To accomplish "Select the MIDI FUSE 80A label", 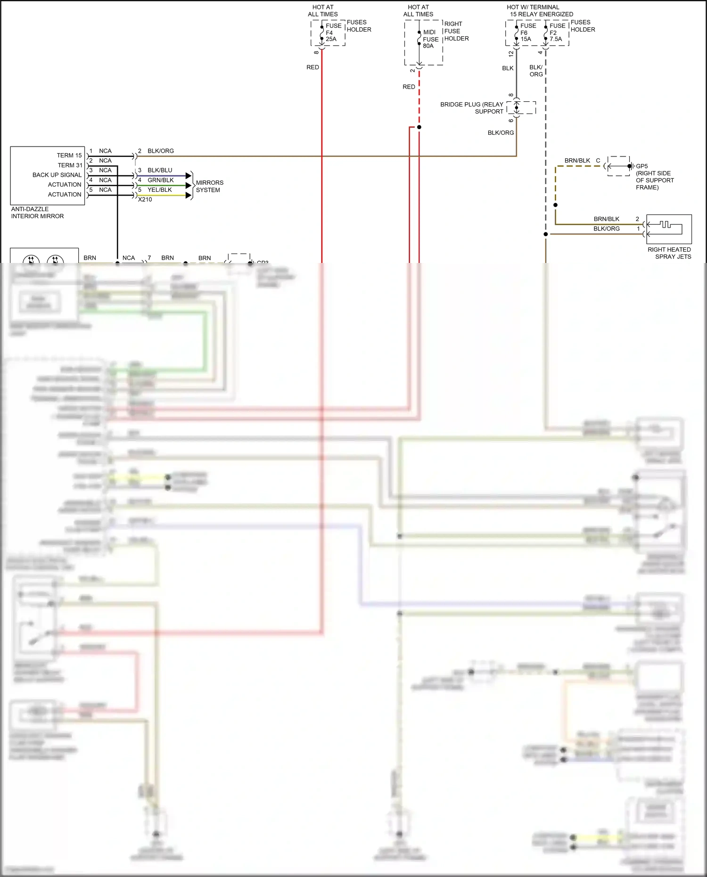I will [x=430, y=39].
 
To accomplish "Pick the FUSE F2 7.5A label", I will [x=557, y=33].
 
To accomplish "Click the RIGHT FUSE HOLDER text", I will [x=456, y=31].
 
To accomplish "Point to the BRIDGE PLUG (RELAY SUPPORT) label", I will [x=472, y=108].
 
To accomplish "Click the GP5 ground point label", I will [x=641, y=166].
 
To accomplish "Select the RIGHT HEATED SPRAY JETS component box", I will [x=669, y=229].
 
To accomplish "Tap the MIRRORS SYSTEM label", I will [x=209, y=186].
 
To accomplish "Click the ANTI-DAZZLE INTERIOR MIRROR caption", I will [x=37, y=213].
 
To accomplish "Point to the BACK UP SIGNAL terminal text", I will [x=57, y=175].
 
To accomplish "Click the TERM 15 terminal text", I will [x=69, y=156].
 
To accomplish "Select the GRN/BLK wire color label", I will [x=160, y=180].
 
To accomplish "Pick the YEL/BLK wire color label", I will [x=159, y=190].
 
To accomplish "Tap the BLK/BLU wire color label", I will [x=160, y=170].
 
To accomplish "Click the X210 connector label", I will [x=145, y=199].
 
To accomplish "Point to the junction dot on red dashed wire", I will [x=419, y=127].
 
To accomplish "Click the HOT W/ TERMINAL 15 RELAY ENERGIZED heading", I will [x=540, y=11].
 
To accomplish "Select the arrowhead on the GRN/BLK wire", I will [x=189, y=185].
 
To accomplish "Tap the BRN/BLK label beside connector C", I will [x=577, y=161].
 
